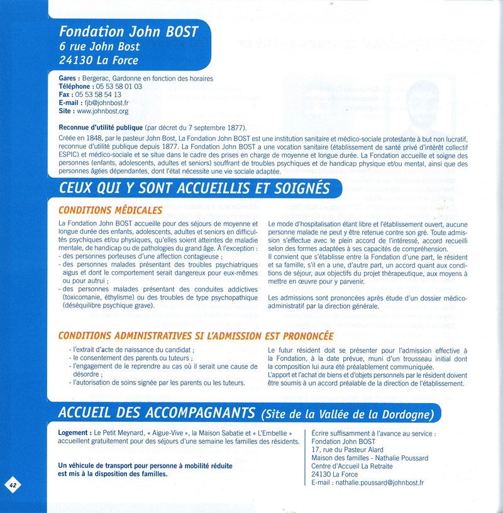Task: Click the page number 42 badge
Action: (13, 484)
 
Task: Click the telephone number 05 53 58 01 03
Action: (118, 87)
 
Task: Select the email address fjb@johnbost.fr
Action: (106, 103)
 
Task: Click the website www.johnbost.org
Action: (102, 111)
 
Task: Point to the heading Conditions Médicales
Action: (110, 210)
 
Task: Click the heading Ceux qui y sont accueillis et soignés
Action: (194, 188)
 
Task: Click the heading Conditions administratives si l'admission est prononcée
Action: (196, 336)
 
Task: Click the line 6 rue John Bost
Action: (99, 47)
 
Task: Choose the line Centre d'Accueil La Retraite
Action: (352, 466)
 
